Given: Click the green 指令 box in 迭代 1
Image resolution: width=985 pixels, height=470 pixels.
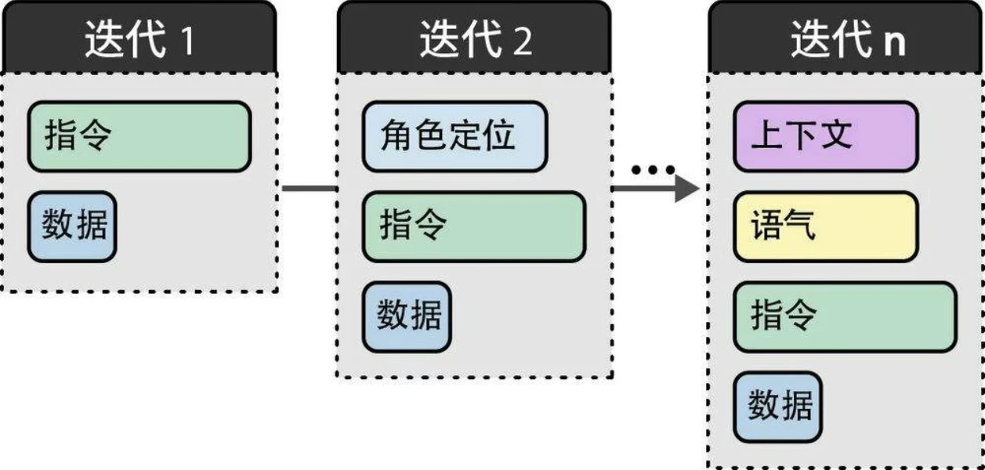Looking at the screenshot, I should point(139,136).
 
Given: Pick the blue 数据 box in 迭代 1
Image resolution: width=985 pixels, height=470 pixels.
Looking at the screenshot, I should point(73,226).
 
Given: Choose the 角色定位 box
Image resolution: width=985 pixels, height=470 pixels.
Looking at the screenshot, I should point(454,136).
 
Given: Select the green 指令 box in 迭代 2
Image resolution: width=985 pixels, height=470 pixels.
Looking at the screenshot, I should point(473,226).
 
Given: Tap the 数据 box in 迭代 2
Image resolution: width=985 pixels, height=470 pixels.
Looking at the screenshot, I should point(407,316).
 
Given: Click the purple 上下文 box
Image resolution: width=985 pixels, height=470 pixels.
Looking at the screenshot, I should point(825,136).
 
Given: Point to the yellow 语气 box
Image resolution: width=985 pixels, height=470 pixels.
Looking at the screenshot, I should point(825,226).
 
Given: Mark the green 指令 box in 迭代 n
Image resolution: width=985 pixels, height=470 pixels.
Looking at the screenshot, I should point(845,316).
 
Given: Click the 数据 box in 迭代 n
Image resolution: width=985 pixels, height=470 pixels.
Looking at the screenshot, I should point(778,407).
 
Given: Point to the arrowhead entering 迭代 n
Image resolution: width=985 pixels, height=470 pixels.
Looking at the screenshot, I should point(686,188).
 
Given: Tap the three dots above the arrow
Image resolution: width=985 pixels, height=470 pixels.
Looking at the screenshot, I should point(654,169).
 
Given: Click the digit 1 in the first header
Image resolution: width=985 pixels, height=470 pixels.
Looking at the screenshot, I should point(186,42).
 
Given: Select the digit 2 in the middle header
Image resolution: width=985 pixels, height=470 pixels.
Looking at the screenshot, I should point(522,42).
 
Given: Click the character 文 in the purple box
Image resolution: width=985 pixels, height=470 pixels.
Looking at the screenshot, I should point(837,136).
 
